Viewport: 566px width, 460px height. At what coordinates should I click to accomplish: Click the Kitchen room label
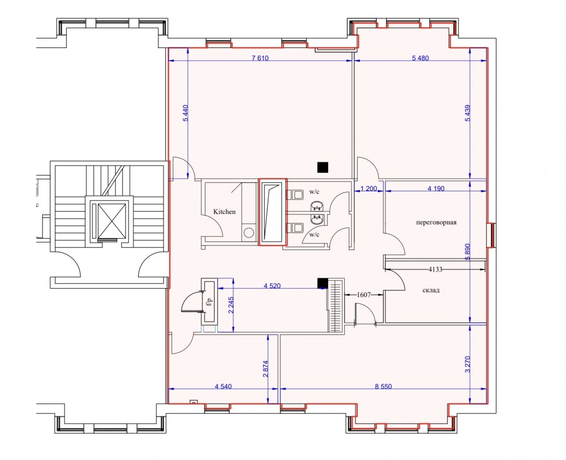(224, 212)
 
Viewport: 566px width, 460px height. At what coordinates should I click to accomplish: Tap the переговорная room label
(436, 222)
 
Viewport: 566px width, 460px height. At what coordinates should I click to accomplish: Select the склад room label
(431, 290)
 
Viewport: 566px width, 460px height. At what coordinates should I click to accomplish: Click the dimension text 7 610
(260, 58)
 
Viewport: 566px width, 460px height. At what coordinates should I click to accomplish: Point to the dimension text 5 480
(420, 58)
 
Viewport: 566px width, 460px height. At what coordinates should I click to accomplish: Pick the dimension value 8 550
(383, 386)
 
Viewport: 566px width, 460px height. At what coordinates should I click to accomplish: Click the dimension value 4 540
(223, 386)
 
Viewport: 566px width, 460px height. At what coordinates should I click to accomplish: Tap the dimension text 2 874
(265, 369)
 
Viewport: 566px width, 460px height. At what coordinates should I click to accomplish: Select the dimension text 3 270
(468, 364)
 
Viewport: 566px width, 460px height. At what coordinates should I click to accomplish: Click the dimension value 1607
(364, 295)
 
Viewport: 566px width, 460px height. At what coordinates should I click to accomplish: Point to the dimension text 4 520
(272, 286)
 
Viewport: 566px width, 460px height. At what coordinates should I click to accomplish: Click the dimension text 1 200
(369, 188)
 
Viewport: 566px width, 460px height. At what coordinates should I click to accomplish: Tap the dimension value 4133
(435, 269)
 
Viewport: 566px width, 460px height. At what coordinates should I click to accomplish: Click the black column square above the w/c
(323, 167)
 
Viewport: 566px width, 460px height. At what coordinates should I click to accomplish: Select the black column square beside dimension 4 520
(323, 283)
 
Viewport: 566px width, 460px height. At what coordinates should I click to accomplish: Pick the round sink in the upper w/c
(318, 207)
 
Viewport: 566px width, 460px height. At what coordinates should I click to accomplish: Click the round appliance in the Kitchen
(248, 233)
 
